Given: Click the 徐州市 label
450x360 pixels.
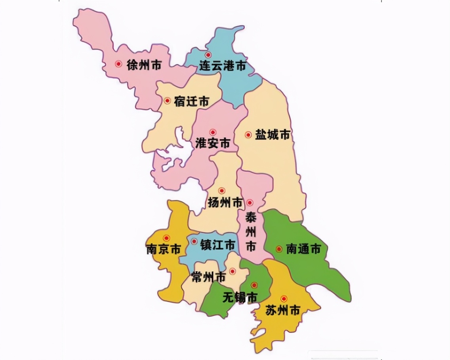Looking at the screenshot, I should [x=144, y=65].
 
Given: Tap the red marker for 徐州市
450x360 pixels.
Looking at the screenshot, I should [x=118, y=64].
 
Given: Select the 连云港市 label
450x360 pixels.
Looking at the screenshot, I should [x=222, y=66].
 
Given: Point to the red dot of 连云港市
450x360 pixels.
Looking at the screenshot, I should [x=208, y=55].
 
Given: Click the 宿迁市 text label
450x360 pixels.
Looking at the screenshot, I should [x=191, y=101].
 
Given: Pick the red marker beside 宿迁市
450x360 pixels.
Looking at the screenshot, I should [x=168, y=101].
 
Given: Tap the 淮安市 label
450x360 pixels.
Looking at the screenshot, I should [x=213, y=143].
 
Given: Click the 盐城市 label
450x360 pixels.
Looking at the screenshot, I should [x=273, y=135].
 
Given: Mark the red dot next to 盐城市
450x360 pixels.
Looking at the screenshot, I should [x=248, y=135].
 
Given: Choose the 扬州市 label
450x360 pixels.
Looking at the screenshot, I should [x=225, y=203].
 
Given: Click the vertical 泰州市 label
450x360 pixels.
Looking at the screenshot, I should [x=251, y=232].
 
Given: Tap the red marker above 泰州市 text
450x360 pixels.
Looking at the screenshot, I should [x=250, y=203].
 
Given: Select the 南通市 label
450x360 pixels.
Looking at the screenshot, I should [x=303, y=249].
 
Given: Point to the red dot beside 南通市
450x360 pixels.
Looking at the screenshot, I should [x=279, y=249].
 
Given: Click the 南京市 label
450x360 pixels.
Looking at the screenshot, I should [x=164, y=249].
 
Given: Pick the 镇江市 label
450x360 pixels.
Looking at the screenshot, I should [x=218, y=245].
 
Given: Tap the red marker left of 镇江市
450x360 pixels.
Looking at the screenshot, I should [x=194, y=241].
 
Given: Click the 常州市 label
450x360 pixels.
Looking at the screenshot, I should [x=208, y=276].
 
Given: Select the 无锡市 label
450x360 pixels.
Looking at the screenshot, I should [x=240, y=297].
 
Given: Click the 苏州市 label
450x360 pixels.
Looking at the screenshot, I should [x=282, y=310].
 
